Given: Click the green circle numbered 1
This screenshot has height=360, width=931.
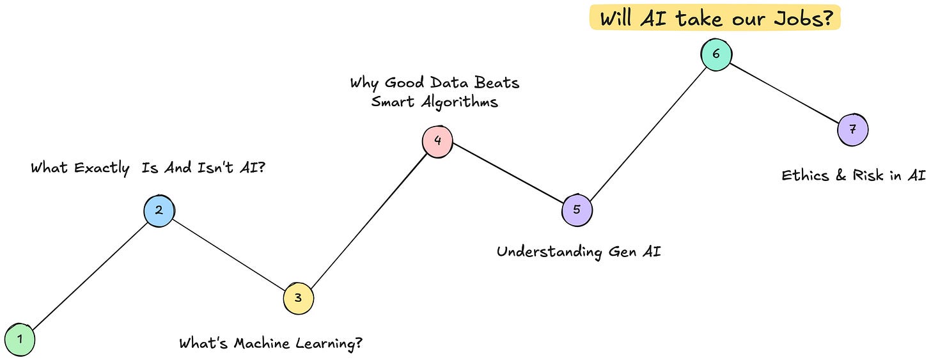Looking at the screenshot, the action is (x=20, y=340).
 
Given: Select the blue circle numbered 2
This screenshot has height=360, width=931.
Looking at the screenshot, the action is (x=159, y=210).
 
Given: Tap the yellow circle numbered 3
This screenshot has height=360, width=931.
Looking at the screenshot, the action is (x=299, y=298).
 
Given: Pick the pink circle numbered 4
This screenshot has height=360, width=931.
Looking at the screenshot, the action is (x=437, y=141).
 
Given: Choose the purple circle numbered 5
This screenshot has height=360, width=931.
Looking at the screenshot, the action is (x=577, y=210).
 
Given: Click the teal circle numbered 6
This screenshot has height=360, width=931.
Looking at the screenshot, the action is (x=716, y=54).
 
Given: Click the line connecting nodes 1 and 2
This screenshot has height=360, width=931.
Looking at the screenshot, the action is (x=90, y=275).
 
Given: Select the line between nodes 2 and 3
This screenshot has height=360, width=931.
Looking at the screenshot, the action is (x=229, y=254).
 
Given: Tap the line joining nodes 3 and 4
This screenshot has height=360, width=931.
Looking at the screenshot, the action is (x=368, y=219).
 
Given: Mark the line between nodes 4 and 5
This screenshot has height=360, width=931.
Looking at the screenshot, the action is (x=507, y=175).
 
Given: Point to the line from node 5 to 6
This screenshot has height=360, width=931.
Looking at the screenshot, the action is (x=646, y=132).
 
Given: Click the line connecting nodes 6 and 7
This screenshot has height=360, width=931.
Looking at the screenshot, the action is (x=785, y=92).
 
